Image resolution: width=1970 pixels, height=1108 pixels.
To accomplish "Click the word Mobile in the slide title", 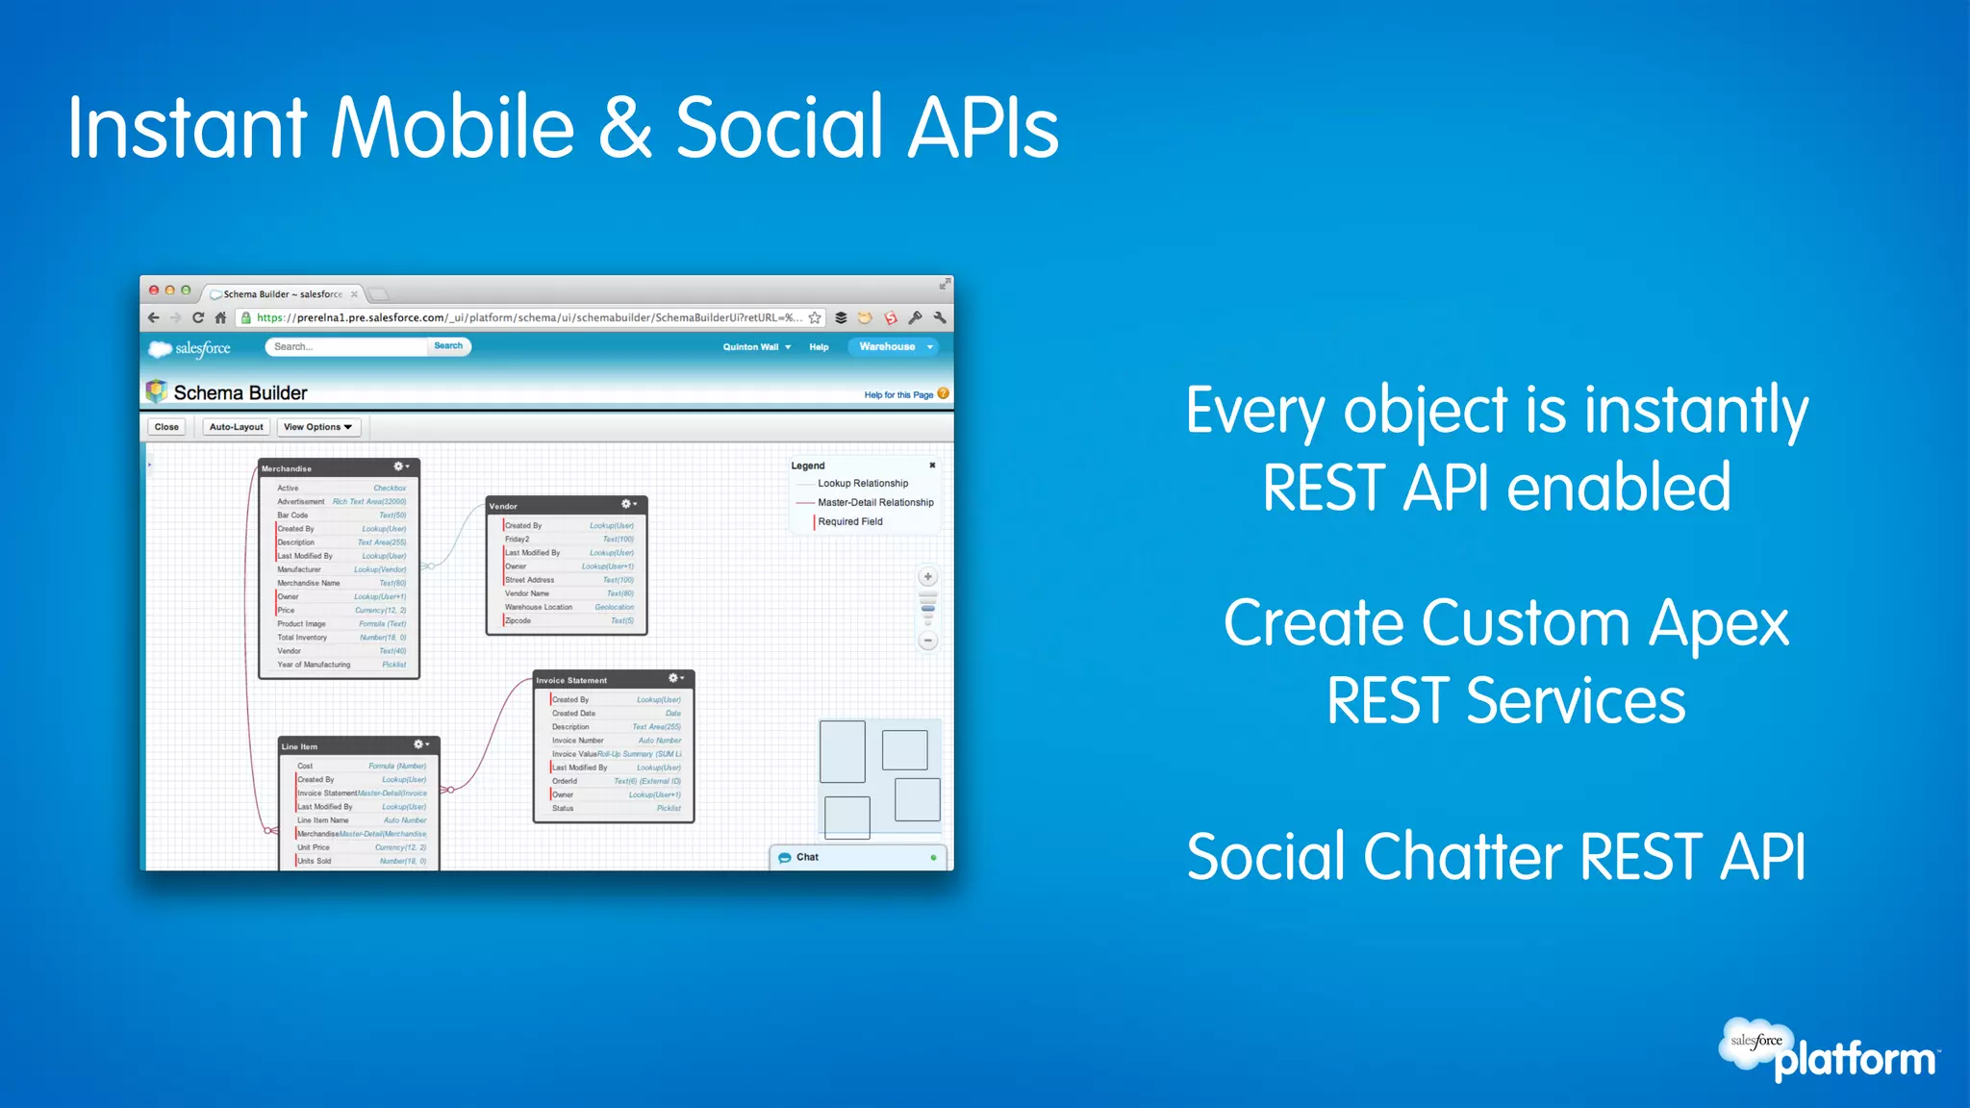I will coord(452,128).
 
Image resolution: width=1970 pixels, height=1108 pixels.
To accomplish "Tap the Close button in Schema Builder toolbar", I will coord(166,427).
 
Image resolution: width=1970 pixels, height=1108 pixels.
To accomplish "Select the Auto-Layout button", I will coord(236,427).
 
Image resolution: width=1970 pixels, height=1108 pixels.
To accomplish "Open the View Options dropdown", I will coord(318,427).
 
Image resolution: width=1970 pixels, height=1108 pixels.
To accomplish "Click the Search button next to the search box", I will coord(448,346).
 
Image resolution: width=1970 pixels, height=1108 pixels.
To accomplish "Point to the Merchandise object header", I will coord(327,468).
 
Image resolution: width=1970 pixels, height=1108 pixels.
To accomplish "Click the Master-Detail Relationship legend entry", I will coord(874,502).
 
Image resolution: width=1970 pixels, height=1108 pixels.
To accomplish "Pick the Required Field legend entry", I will coord(849,521).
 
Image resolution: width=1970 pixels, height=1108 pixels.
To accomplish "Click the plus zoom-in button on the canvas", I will coord(928,577).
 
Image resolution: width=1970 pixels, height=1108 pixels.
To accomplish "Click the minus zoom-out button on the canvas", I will coord(928,641).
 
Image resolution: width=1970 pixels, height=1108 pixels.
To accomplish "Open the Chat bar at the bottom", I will coord(856,857).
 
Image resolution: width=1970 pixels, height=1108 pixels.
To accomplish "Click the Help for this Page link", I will coord(898,395).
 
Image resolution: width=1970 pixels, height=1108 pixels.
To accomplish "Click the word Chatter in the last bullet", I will coord(1463,857).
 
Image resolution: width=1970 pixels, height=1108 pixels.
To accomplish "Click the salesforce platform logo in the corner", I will coord(1828,1050).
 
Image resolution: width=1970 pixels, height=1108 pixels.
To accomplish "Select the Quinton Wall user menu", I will coord(756,347).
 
